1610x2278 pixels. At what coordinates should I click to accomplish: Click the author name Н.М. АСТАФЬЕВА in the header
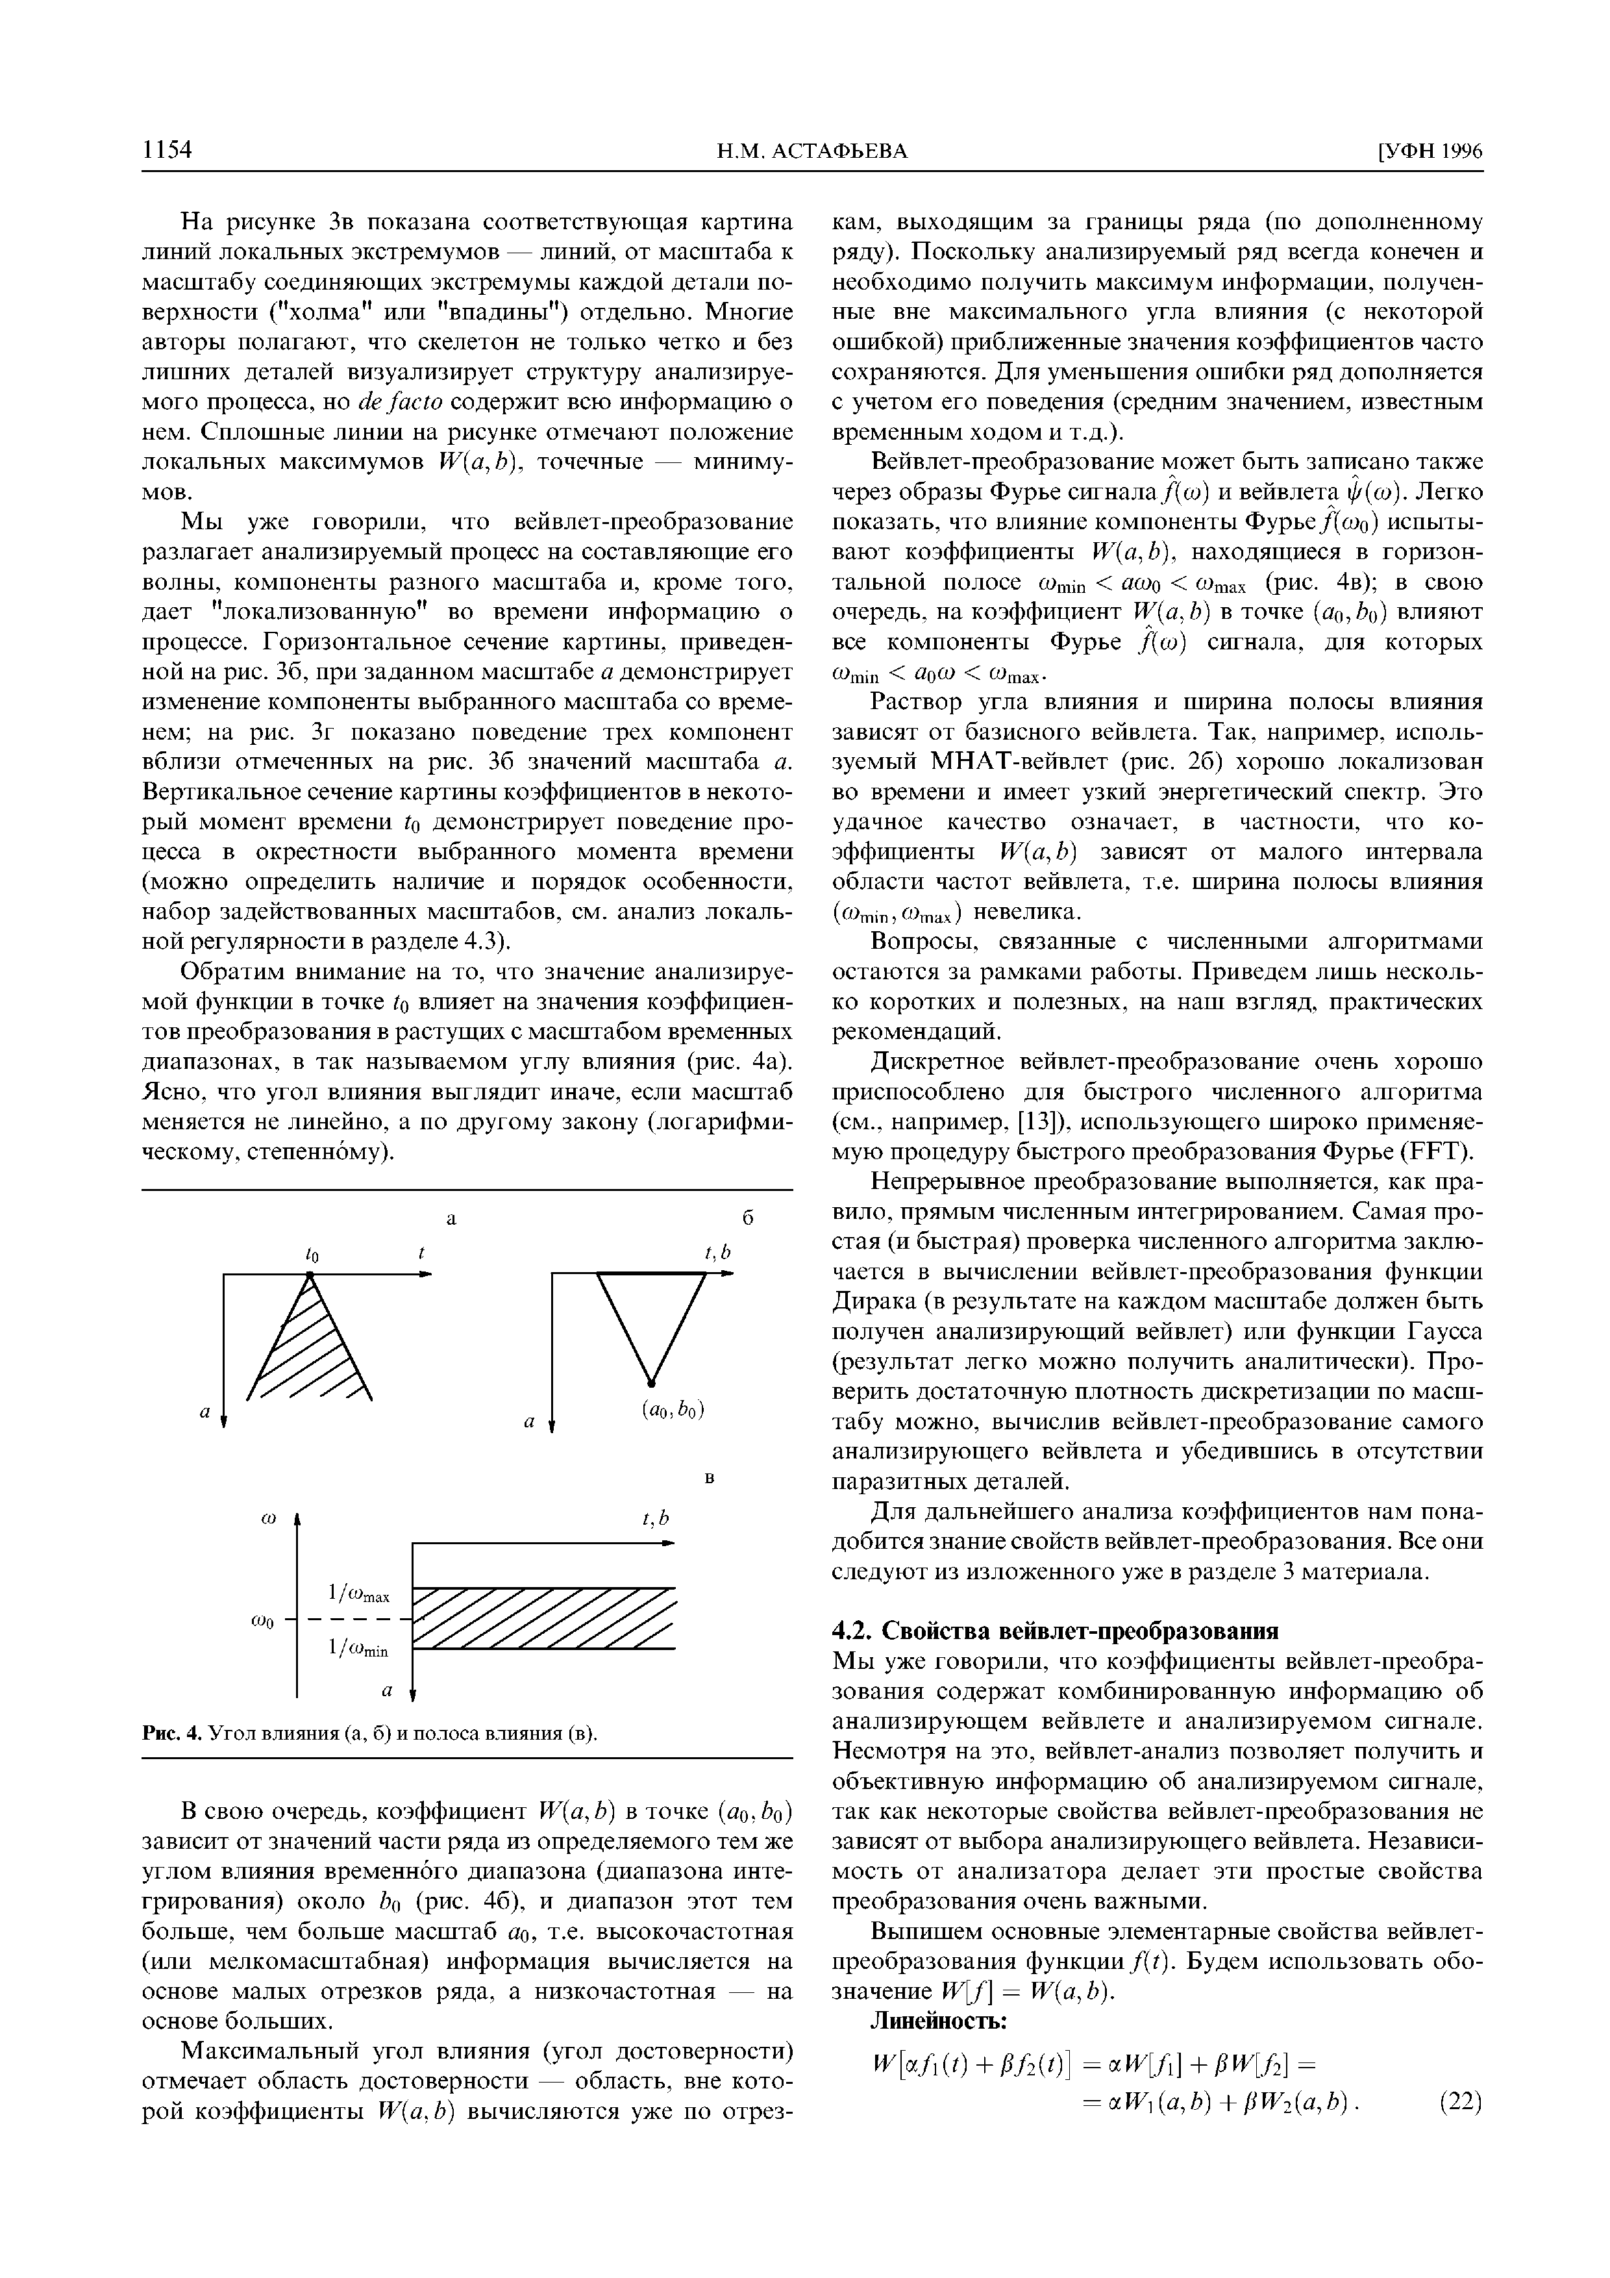[x=811, y=151]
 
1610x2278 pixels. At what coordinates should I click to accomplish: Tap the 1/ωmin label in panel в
[x=358, y=1648]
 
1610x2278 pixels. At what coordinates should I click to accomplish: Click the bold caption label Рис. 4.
[x=173, y=1733]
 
